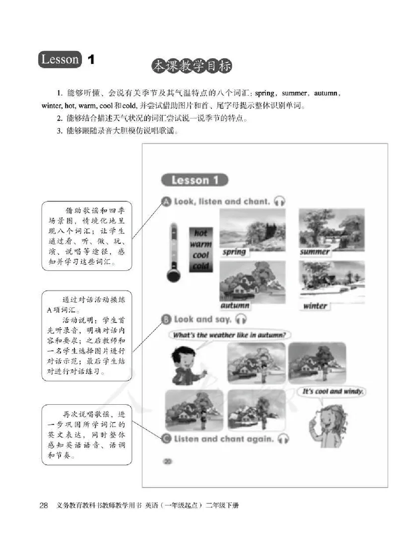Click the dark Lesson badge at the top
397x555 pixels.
[61, 60]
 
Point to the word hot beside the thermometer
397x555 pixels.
[200, 233]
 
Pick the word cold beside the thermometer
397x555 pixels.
[201, 266]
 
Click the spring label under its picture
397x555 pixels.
[234, 251]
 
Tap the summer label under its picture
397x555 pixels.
[315, 251]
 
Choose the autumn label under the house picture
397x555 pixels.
[235, 306]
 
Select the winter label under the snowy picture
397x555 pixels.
[315, 306]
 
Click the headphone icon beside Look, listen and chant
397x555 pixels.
[280, 201]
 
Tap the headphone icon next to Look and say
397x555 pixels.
[241, 319]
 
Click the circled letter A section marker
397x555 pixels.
[166, 201]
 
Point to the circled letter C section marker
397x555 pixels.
[166, 438]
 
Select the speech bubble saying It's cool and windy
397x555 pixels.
[333, 391]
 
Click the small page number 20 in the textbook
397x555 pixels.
[167, 461]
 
